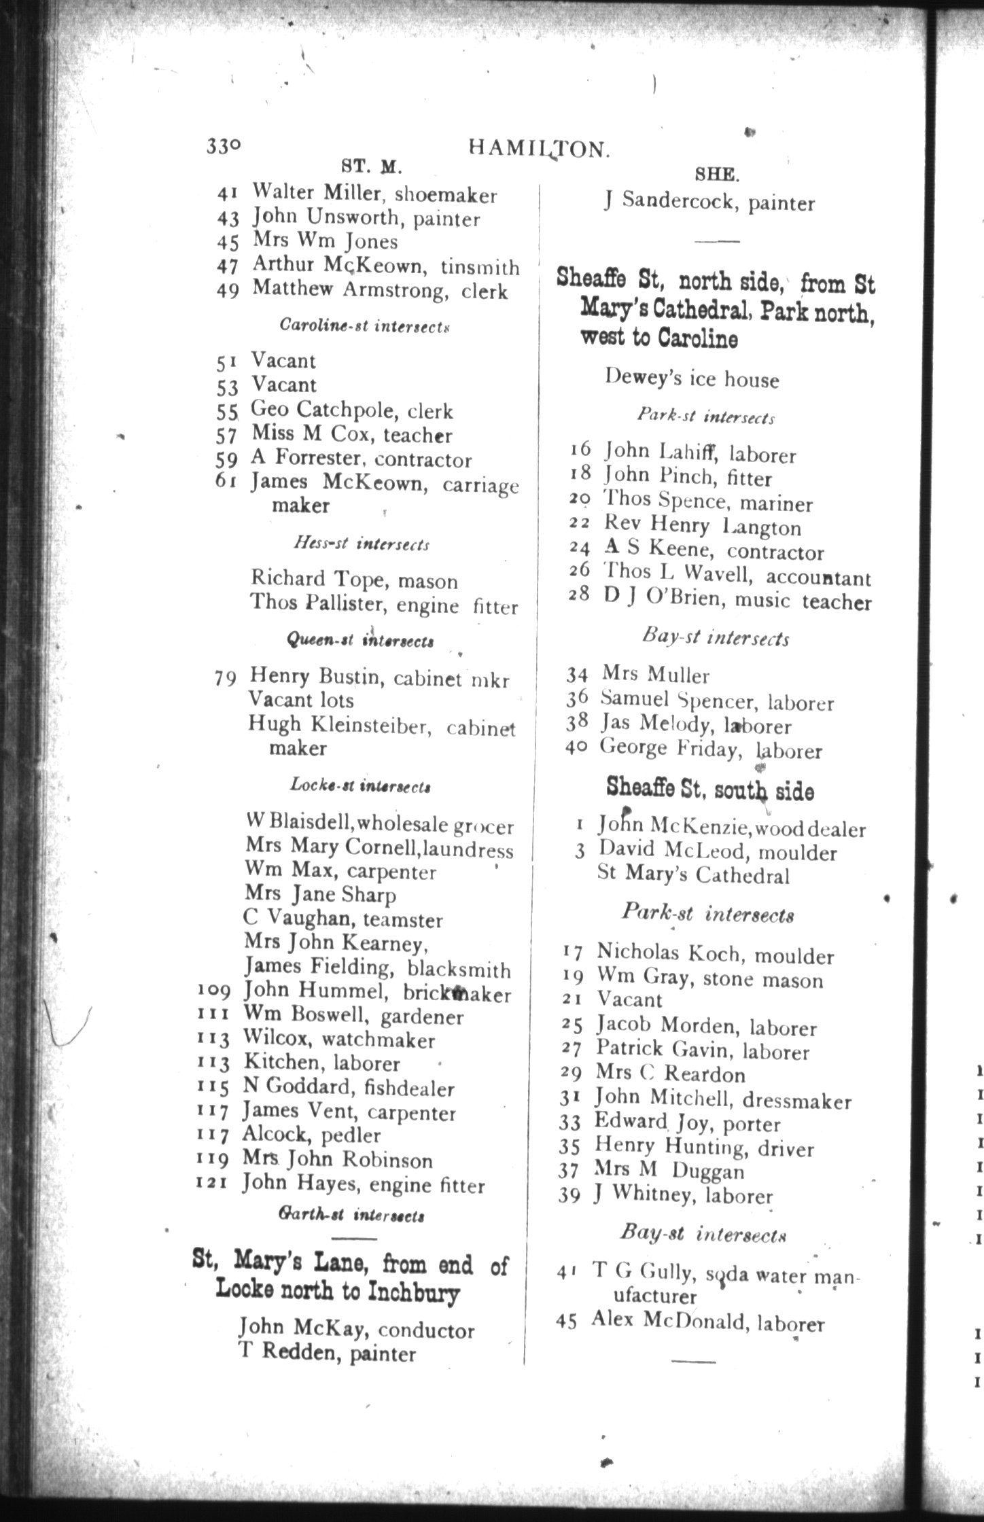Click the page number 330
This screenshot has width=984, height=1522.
tap(224, 146)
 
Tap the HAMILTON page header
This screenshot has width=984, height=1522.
tap(537, 150)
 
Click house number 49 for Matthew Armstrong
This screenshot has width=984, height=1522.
tap(228, 290)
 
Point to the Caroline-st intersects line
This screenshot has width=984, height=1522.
tap(365, 325)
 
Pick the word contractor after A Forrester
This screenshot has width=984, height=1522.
tap(423, 459)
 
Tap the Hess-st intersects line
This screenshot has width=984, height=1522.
tap(362, 544)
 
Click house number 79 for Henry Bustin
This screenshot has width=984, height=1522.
tap(226, 678)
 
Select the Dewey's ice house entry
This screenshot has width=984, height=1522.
tap(692, 379)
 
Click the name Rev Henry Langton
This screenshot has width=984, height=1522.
tap(703, 526)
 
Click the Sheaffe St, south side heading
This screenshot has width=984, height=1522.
tap(710, 790)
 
